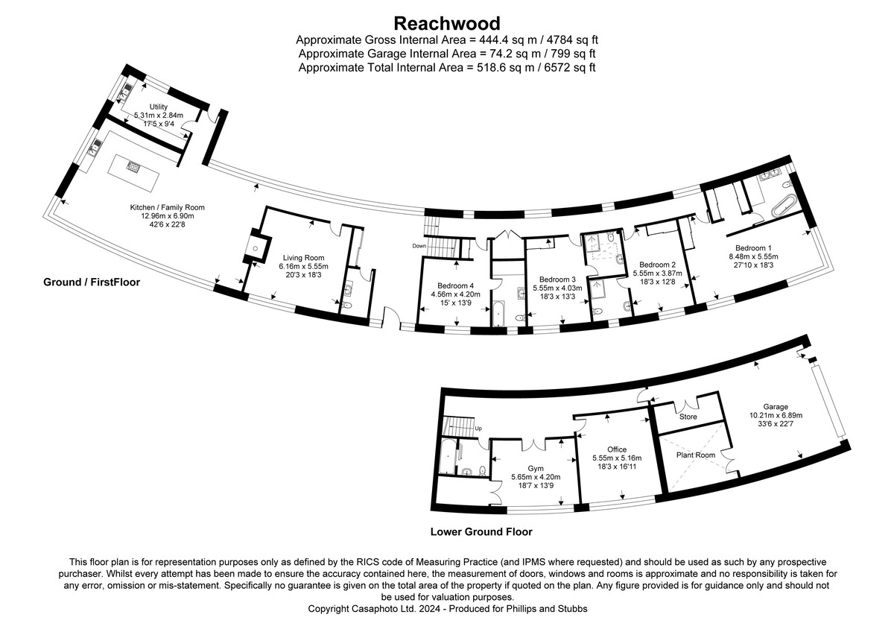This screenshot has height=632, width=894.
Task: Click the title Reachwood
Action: point(447,23)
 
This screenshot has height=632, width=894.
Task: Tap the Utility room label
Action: point(158,107)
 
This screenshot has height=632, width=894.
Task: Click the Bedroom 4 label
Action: point(456,285)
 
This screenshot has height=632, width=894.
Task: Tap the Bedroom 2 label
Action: point(657,265)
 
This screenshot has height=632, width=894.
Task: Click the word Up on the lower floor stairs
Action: point(478,429)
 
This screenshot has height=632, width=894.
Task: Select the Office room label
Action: point(616,449)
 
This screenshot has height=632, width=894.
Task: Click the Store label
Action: point(688,417)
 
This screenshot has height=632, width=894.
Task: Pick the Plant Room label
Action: point(694,455)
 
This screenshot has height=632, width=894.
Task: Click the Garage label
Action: point(780,407)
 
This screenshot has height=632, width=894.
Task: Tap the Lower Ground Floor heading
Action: point(481,532)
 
